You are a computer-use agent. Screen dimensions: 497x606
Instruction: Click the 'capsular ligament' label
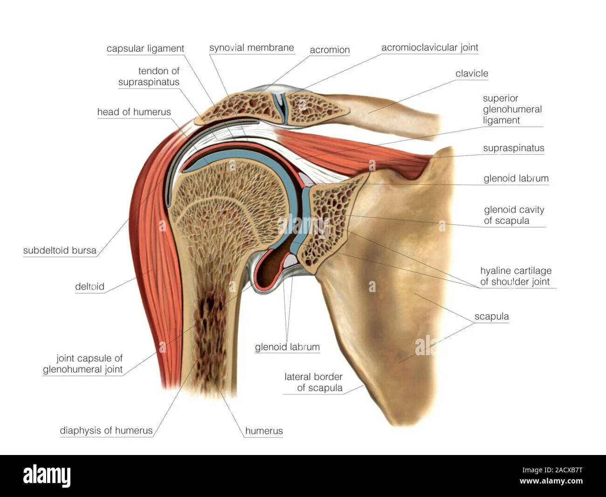point(145,49)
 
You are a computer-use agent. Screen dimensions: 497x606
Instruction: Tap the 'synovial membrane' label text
point(251,48)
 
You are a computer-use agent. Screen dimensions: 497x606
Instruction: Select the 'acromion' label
point(330,50)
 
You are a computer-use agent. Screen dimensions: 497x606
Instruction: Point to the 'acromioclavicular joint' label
point(429,48)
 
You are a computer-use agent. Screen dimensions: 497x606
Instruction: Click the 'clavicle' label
point(472,74)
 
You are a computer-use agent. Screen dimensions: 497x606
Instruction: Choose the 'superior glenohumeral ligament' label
point(512,109)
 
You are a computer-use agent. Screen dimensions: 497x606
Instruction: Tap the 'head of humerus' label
point(134,112)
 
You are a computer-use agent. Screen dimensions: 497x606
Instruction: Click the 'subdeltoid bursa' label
point(60,251)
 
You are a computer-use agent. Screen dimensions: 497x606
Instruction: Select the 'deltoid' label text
point(90,287)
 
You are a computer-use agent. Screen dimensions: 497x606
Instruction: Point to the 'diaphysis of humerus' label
point(106,430)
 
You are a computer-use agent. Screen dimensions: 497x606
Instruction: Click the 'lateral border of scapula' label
point(313,382)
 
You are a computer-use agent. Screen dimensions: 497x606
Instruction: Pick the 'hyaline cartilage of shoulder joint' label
point(516,276)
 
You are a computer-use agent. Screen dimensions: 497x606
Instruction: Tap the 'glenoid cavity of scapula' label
point(514,215)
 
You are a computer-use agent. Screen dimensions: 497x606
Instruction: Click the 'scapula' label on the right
point(491,316)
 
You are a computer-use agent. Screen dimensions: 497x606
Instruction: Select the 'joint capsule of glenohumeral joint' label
point(83,364)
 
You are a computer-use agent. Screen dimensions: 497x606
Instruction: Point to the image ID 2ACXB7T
point(565,470)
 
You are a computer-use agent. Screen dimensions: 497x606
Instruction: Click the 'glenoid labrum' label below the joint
point(287,347)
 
